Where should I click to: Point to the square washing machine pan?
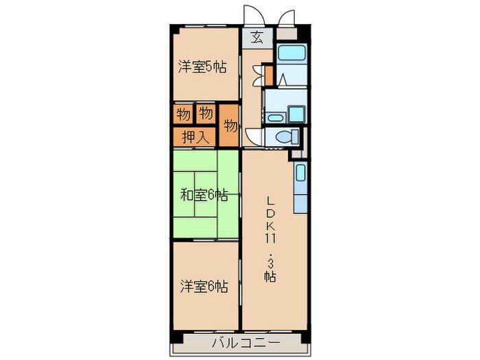tap(297, 114)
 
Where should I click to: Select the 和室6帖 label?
tap(204, 195)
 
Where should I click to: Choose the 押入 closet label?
tap(195, 136)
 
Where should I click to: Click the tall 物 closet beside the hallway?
tap(230, 126)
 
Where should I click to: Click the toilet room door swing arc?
tap(253, 136)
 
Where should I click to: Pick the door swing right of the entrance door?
tap(286, 19)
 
